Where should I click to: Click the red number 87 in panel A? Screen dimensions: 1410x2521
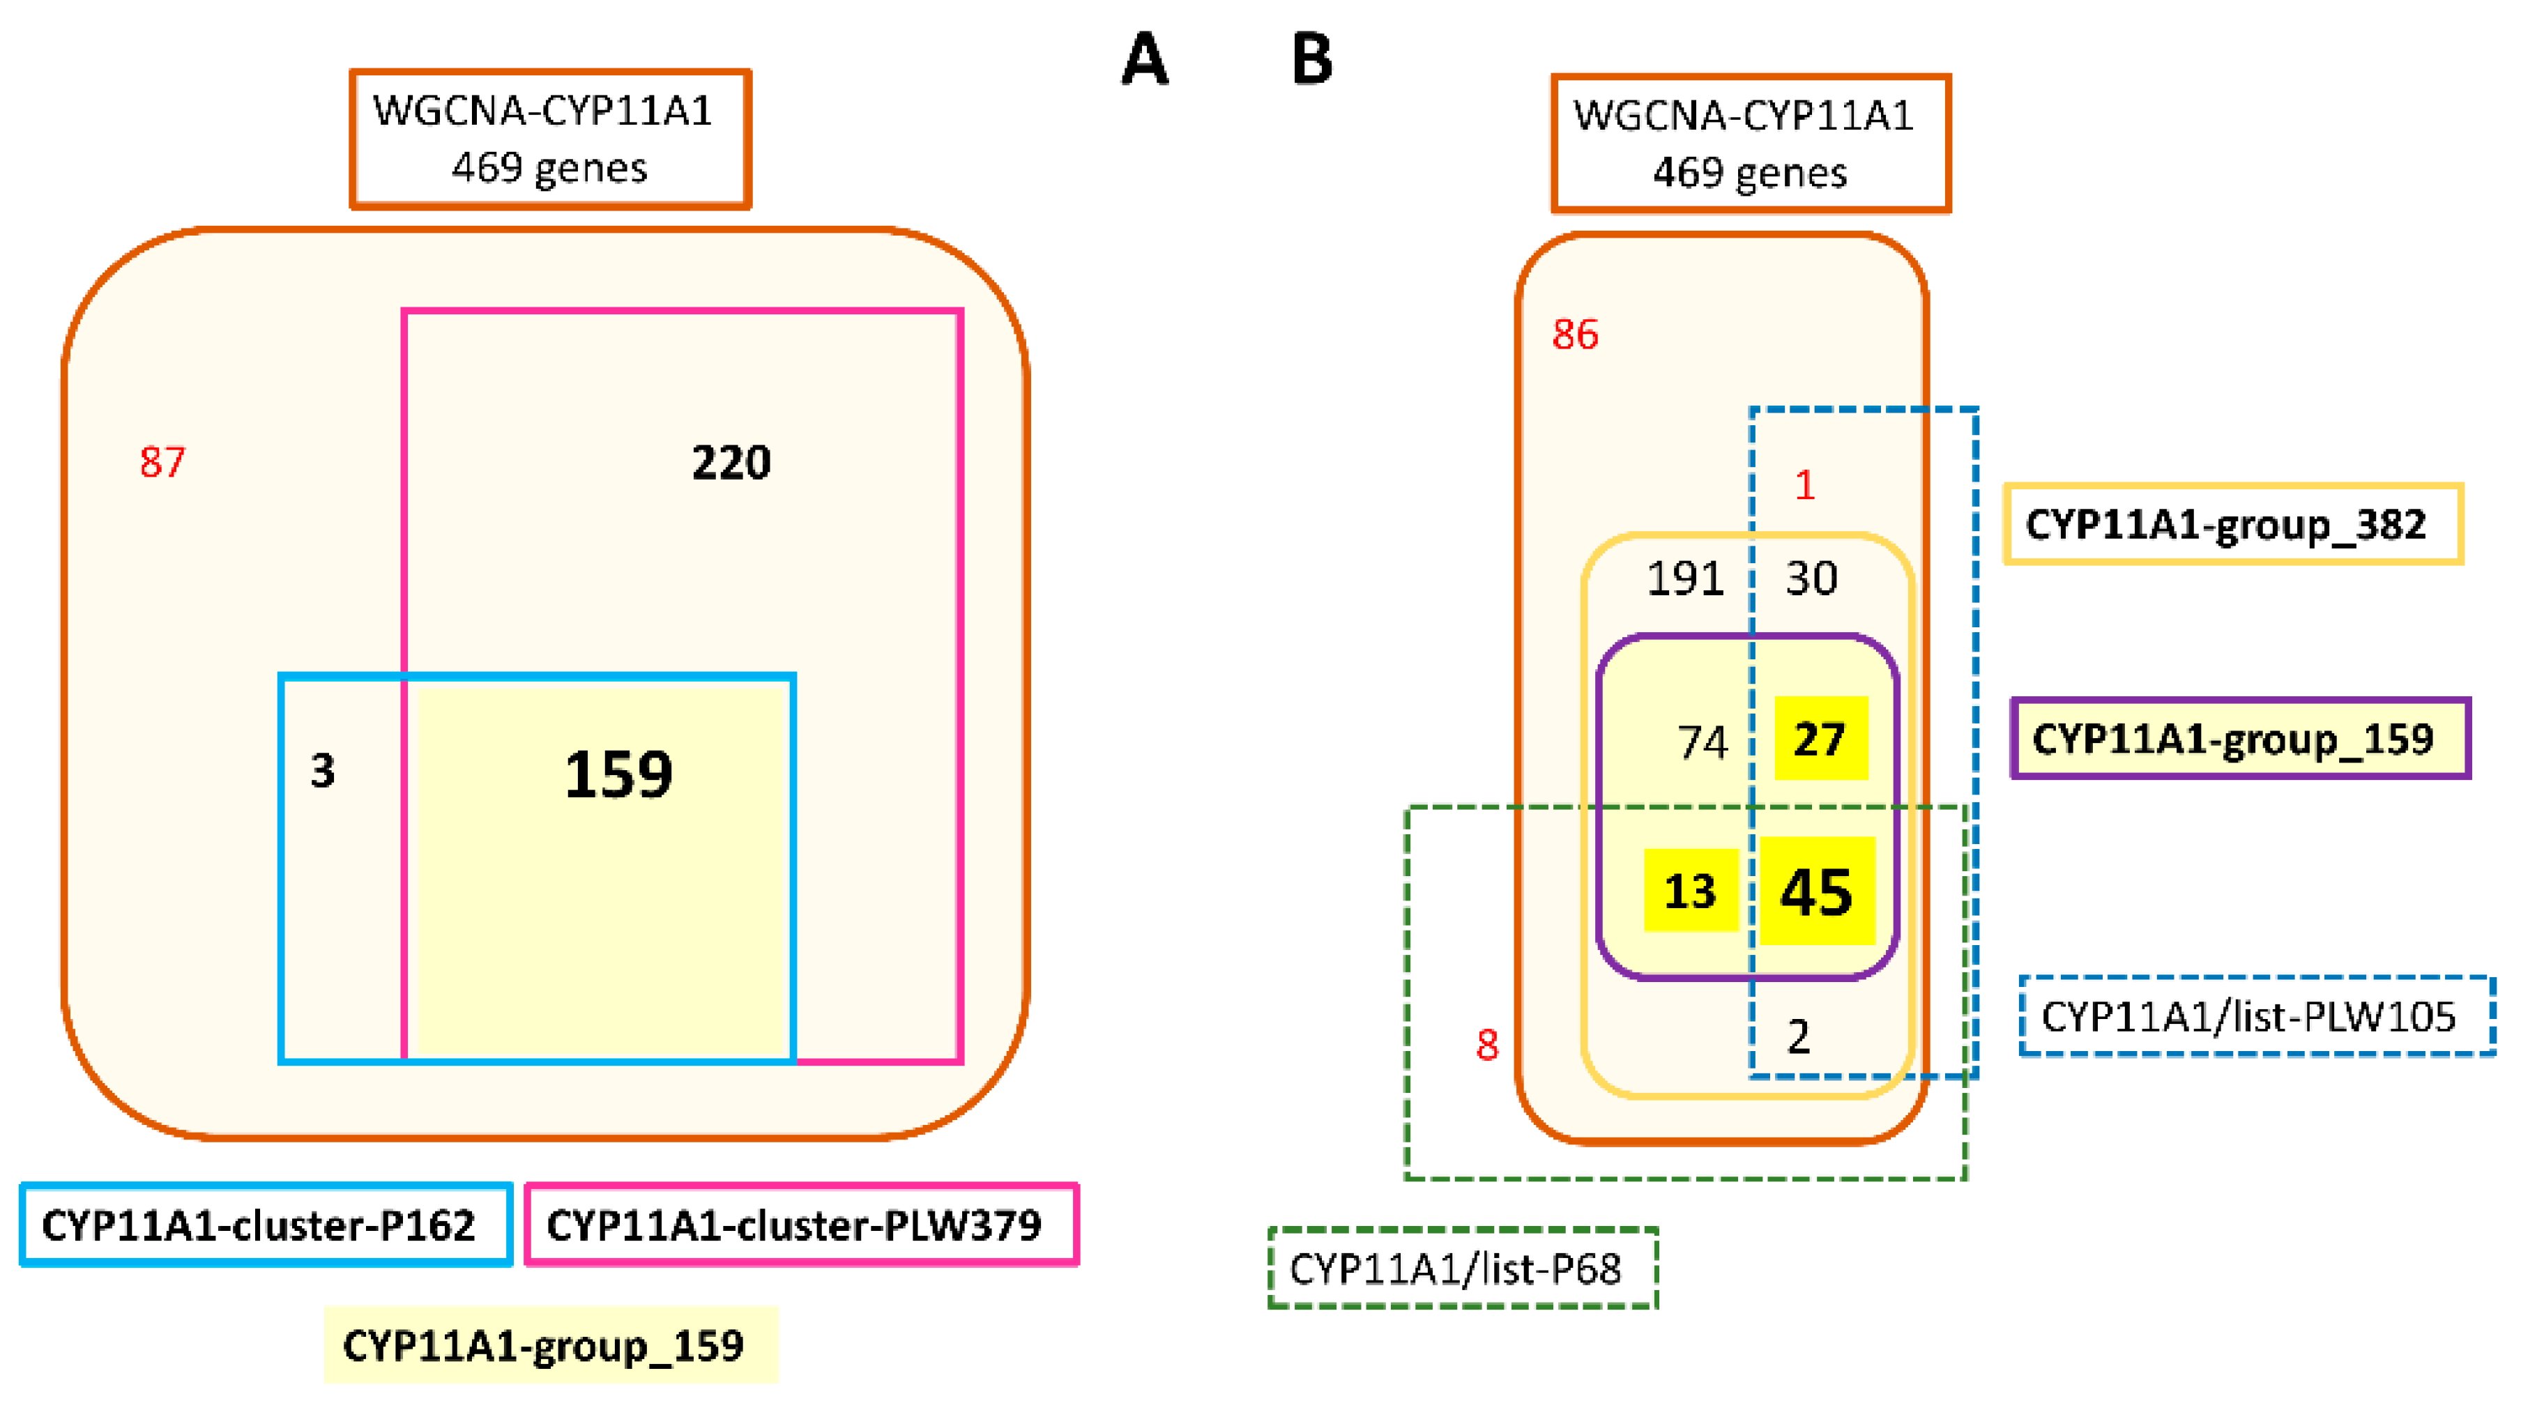tap(162, 462)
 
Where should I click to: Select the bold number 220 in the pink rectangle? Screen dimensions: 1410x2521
tap(731, 462)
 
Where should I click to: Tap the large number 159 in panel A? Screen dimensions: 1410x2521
tap(618, 775)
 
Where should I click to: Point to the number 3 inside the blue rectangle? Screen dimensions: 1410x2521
tap(323, 771)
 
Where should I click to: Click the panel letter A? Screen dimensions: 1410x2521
tap(1144, 60)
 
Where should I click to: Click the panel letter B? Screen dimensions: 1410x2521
tap(1311, 60)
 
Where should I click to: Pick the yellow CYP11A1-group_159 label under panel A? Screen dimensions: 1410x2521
tap(550, 1345)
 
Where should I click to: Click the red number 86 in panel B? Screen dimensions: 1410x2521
tap(1575, 335)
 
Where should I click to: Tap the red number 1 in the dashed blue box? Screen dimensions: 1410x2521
tap(1804, 485)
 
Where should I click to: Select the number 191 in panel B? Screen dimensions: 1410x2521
tap(1684, 578)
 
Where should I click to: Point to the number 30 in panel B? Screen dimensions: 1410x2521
tap(1811, 578)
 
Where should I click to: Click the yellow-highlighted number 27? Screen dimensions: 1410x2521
tap(1820, 739)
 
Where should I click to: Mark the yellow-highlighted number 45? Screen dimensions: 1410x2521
tap(1816, 891)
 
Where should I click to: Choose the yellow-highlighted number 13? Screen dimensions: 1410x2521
tap(1689, 891)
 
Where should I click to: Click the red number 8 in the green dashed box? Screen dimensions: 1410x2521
tap(1486, 1045)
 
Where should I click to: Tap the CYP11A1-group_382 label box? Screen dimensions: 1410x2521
tap(2232, 524)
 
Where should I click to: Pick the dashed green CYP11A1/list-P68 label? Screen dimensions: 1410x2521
tap(1462, 1269)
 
